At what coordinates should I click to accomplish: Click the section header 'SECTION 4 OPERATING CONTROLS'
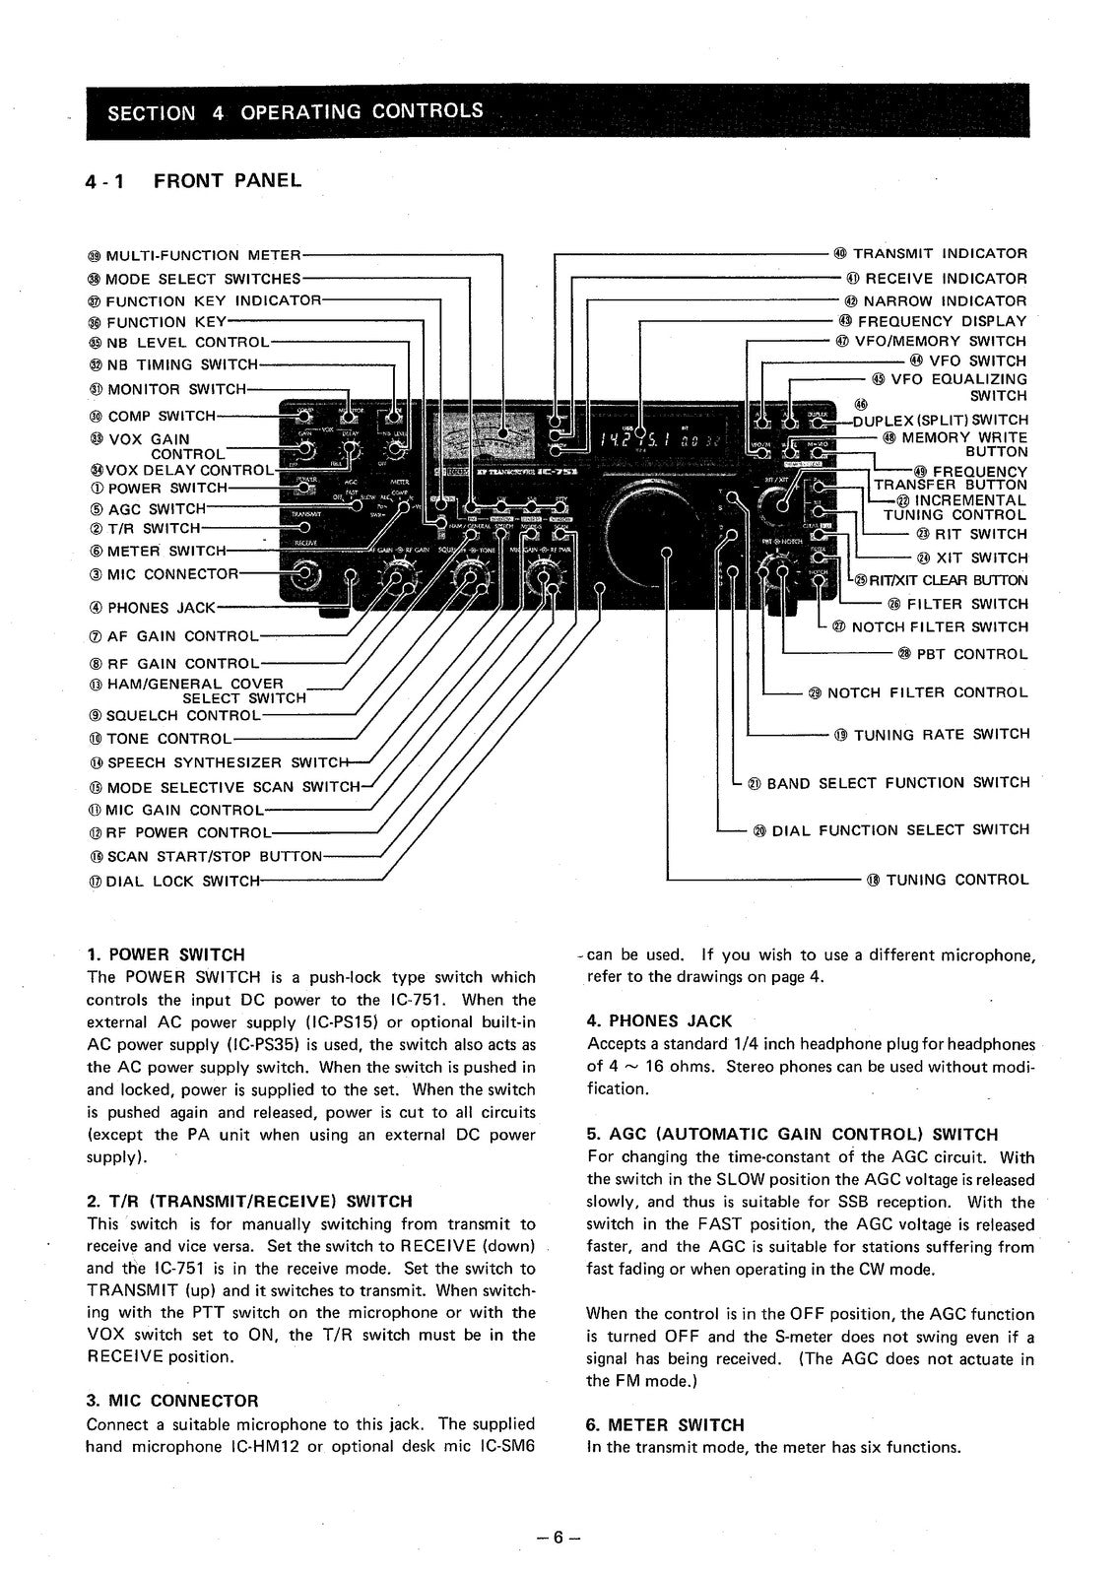[x=296, y=111]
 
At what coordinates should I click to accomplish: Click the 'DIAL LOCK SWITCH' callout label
[x=175, y=882]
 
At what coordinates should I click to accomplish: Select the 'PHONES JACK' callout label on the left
[x=153, y=608]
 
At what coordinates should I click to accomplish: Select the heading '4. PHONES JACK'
[x=659, y=1021]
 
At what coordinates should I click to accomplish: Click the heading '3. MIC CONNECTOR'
[x=172, y=1401]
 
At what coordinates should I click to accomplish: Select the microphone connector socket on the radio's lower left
[x=306, y=574]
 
